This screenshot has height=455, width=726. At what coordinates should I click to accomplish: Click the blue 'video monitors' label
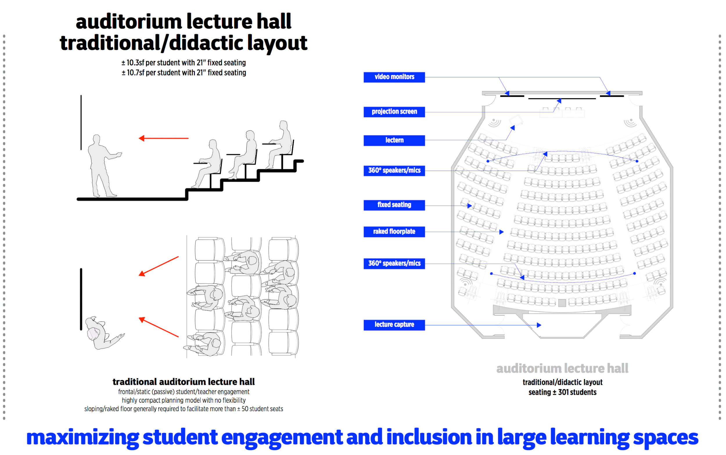394,77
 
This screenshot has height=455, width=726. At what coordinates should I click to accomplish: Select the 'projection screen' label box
394,112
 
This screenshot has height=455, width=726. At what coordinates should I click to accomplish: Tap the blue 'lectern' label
394,140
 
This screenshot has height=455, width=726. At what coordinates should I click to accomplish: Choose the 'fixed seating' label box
394,205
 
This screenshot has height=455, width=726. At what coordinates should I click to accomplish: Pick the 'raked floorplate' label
394,232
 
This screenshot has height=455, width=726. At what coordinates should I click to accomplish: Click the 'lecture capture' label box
394,325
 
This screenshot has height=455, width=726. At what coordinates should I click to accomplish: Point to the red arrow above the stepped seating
163,138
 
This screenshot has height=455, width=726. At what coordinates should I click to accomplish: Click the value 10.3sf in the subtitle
135,63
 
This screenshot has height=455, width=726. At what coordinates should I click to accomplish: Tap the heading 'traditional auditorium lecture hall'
183,382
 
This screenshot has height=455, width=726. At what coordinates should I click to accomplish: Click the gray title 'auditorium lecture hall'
562,369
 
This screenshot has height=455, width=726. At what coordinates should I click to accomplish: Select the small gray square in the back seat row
562,303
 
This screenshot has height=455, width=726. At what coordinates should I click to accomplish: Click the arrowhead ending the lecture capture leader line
539,325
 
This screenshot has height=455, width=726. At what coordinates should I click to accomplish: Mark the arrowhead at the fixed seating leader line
469,206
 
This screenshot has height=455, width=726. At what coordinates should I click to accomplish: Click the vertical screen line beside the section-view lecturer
81,122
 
